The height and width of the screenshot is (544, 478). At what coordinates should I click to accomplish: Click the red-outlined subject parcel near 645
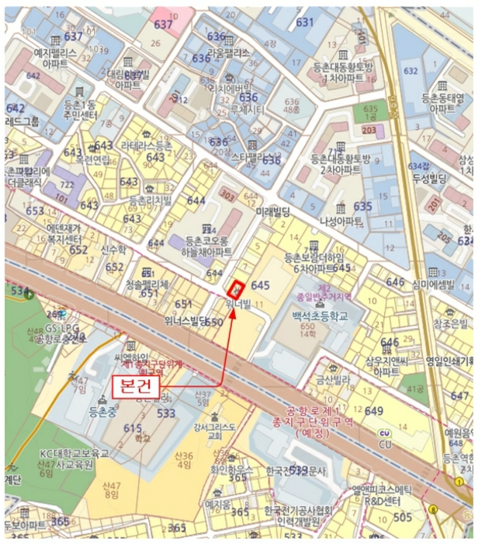pyautogui.click(x=238, y=286)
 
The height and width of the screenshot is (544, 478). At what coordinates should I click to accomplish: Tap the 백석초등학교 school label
pyautogui.click(x=317, y=316)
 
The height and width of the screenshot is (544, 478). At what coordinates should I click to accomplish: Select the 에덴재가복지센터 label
pyautogui.click(x=67, y=234)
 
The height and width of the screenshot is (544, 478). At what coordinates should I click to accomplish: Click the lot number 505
pyautogui.click(x=402, y=517)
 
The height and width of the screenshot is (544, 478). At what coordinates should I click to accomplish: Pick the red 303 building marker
pyautogui.click(x=227, y=192)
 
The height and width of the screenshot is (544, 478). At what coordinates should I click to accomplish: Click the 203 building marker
pyautogui.click(x=369, y=129)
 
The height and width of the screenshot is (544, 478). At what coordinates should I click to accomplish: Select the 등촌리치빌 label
pyautogui.click(x=151, y=200)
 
